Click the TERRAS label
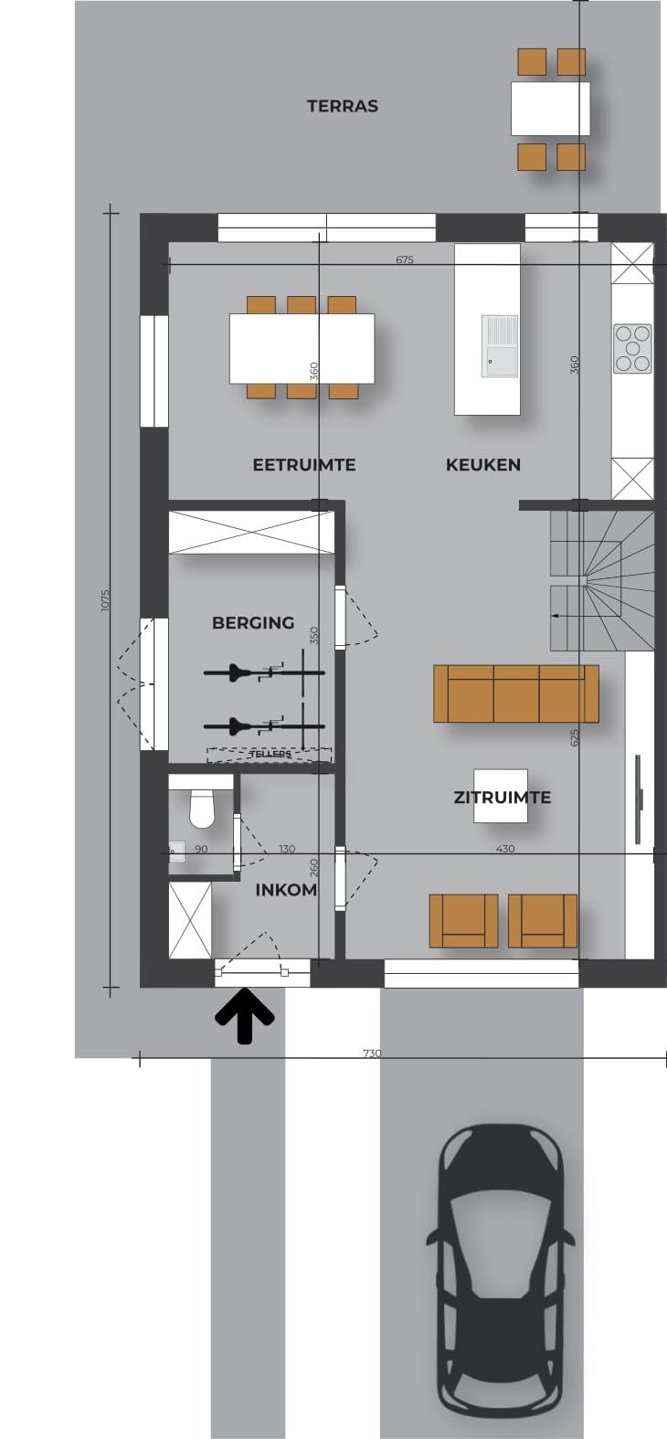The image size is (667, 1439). point(342,106)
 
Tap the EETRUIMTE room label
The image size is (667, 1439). point(304,464)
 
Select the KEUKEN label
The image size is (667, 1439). point(483,464)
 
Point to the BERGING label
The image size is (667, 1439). point(253,622)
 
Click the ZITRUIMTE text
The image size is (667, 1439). point(502,798)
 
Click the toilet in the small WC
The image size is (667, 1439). point(202,809)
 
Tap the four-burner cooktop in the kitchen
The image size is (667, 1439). point(633,349)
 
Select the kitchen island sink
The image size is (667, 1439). point(501,345)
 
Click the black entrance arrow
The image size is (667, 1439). point(244,1015)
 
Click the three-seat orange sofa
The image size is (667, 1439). point(516,693)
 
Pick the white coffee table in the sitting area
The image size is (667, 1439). point(502,796)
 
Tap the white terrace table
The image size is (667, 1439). point(551,109)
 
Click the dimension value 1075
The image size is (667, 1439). point(106,600)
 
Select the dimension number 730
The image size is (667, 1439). point(372,1053)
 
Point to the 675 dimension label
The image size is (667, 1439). point(405,259)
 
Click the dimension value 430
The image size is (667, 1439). point(505,849)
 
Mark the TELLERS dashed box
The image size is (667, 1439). point(270,755)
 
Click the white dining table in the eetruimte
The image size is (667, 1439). point(302,347)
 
